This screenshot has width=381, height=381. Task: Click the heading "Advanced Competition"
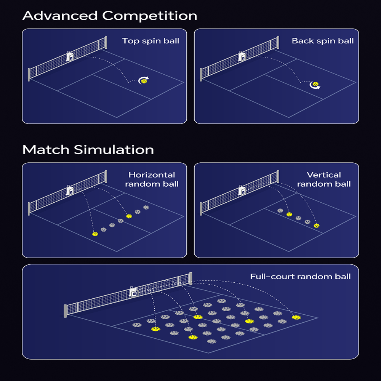[110, 16]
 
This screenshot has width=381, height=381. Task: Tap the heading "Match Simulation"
[88, 149]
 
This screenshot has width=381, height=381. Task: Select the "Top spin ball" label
[150, 41]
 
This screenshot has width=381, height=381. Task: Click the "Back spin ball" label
[323, 41]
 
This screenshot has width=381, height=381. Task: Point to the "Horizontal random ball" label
[153, 179]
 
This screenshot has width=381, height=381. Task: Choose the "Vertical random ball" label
[324, 179]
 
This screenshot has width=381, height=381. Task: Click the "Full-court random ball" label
[300, 277]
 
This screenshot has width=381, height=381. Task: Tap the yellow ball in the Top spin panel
[144, 80]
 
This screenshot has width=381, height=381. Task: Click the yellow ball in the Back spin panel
[315, 84]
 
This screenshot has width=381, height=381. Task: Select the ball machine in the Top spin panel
[70, 56]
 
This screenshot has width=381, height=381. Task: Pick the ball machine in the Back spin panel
[242, 56]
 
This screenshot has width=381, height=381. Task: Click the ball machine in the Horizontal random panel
[70, 190]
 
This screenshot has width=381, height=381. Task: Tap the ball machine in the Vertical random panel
[242, 190]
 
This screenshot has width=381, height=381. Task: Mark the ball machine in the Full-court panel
[133, 292]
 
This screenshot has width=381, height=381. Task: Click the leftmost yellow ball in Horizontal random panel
[95, 234]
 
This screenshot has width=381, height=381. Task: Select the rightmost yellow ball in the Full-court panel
[296, 317]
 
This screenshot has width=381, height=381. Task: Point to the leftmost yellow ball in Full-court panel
[155, 329]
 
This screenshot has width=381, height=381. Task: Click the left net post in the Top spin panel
[29, 74]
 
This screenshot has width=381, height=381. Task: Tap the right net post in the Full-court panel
[190, 278]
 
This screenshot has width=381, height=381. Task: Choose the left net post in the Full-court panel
[66, 311]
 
